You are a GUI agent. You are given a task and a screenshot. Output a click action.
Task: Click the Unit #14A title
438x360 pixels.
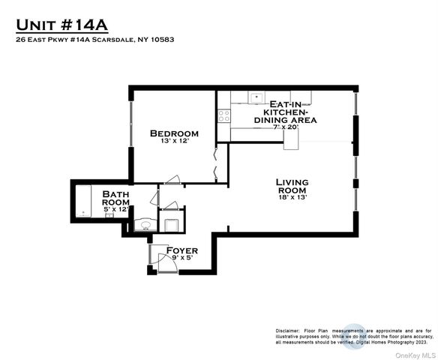pyautogui.click(x=62, y=25)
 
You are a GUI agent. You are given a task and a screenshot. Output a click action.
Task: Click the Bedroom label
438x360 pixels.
pyautogui.click(x=173, y=133)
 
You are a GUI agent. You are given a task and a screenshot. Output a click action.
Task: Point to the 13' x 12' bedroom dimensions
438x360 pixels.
pyautogui.click(x=173, y=140)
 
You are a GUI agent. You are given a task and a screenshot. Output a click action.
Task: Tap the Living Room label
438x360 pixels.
pyautogui.click(x=292, y=186)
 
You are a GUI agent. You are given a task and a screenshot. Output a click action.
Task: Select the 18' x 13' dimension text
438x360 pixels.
pyautogui.click(x=292, y=197)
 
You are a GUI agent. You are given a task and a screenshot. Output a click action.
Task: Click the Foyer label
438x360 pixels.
pyautogui.click(x=181, y=250)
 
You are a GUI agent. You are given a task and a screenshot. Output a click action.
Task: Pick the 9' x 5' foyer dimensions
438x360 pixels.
pyautogui.click(x=181, y=258)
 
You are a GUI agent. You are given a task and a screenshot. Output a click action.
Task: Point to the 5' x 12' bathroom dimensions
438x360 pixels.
pyautogui.click(x=116, y=209)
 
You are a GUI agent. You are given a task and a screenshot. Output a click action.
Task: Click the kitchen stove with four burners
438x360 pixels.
pyautogui.click(x=223, y=115)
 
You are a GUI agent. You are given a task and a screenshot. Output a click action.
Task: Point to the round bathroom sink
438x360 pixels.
pyautogui.click(x=145, y=225)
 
